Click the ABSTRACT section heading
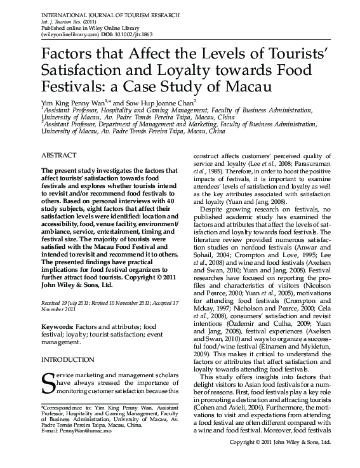coord(59,154)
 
